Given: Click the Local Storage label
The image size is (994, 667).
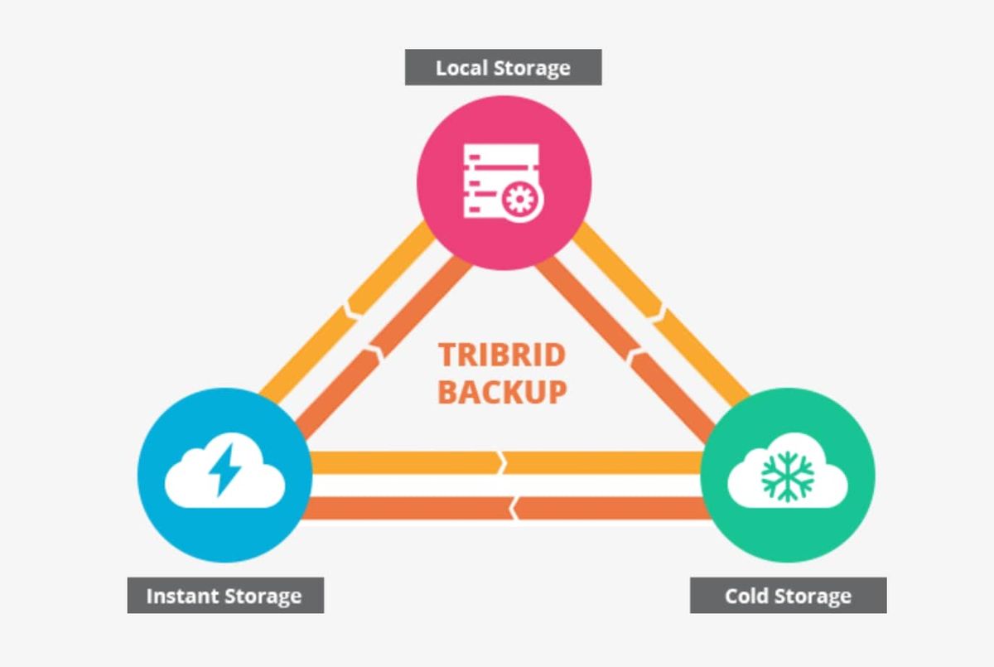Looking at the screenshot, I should (503, 67).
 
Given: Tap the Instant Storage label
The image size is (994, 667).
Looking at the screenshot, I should (224, 595).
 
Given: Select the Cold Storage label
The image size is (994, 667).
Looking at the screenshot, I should (788, 595).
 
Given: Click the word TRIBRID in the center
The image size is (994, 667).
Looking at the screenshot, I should (502, 355).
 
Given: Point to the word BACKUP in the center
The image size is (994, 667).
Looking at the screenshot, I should (502, 391).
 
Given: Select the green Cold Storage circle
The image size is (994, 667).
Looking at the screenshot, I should (788, 476).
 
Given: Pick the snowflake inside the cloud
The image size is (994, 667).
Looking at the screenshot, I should (788, 476).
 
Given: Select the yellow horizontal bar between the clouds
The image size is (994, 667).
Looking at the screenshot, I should (506, 462).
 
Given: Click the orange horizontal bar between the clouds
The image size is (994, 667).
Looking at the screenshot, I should (506, 507).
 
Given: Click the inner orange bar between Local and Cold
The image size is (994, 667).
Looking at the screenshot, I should (630, 348).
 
